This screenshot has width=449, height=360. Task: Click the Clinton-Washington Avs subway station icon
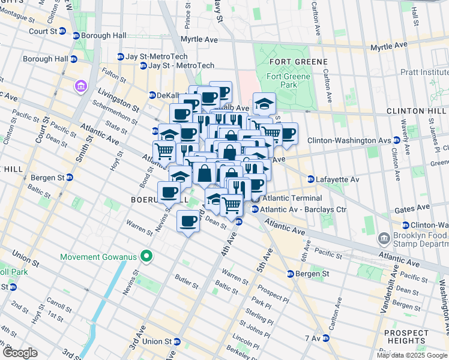397,140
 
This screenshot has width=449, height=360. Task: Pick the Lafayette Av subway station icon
311,179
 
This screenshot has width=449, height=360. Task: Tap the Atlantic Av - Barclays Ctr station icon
255,209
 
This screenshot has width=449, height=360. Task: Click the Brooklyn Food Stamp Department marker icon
384,239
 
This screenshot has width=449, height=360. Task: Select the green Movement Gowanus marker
145,257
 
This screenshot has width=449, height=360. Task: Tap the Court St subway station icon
76,35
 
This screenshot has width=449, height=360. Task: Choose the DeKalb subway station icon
152,95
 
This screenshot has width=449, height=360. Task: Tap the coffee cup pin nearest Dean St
188,222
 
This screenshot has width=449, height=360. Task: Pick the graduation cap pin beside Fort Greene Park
264,104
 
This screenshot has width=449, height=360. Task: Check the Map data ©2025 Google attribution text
411,355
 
